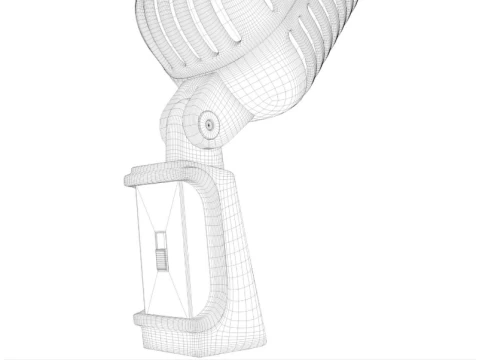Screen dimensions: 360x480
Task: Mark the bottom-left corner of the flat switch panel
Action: click(x=147, y=309)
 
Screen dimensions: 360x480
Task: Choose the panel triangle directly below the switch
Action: click(x=164, y=290)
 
